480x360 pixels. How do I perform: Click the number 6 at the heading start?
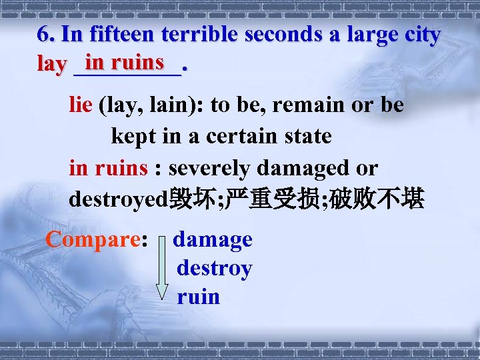pyautogui.click(x=44, y=35)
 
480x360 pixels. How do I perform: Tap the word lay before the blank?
pyautogui.click(x=51, y=65)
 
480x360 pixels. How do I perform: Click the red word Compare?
pyautogui.click(x=93, y=239)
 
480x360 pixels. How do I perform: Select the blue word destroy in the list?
pyautogui.click(x=214, y=269)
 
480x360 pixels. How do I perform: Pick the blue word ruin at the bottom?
pyautogui.click(x=198, y=297)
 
